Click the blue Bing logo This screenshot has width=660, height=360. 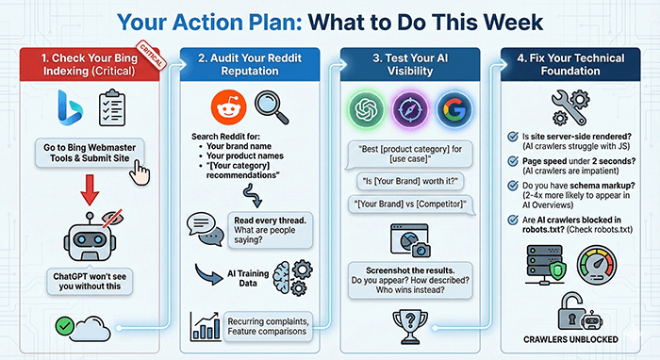(x=71, y=107)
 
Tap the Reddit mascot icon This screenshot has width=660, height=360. (x=228, y=107)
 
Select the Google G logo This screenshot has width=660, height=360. (x=454, y=109)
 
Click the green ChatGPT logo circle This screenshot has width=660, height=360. (x=366, y=109)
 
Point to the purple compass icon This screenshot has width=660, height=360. (x=410, y=109)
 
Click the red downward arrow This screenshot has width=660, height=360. (x=90, y=190)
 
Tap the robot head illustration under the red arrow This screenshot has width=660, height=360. (x=90, y=237)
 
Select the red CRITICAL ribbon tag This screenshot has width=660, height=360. (x=151, y=55)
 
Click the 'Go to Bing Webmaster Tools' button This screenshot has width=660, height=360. (x=90, y=153)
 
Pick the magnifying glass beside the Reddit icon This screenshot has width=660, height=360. (x=272, y=107)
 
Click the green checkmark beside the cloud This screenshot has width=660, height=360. (x=64, y=325)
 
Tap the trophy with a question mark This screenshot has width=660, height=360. (x=410, y=327)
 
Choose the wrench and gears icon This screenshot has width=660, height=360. (x=570, y=107)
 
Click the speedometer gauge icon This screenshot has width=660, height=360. (x=597, y=266)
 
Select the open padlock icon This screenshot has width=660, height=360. (x=571, y=311)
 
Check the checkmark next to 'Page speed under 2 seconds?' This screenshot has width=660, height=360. (x=513, y=161)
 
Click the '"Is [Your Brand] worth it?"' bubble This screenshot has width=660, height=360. (x=410, y=181)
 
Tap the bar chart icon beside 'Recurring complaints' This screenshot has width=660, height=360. (x=205, y=326)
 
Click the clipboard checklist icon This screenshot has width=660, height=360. (x=112, y=107)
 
